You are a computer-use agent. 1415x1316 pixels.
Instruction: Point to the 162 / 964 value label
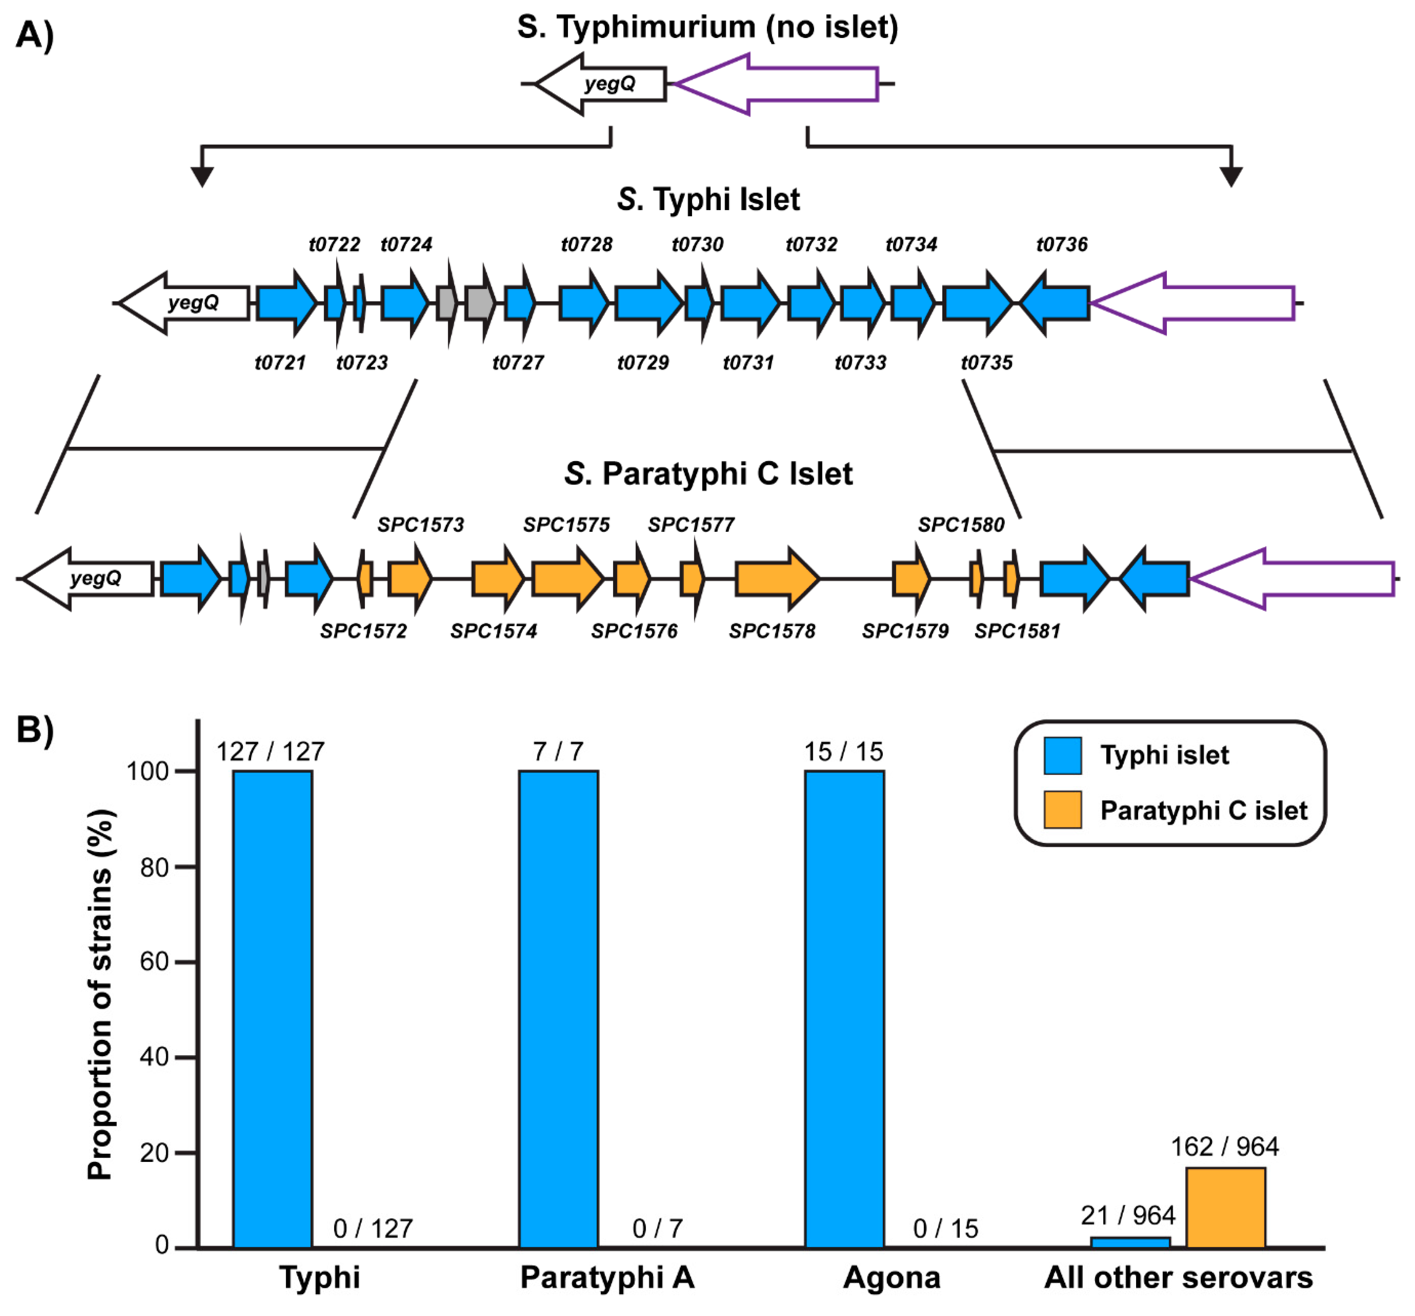pos(1224,1146)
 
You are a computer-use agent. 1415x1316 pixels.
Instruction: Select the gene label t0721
pos(280,363)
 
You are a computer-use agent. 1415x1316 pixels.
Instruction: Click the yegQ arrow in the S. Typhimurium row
pos(601,84)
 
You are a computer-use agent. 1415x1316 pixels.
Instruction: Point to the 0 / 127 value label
pos(373,1228)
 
